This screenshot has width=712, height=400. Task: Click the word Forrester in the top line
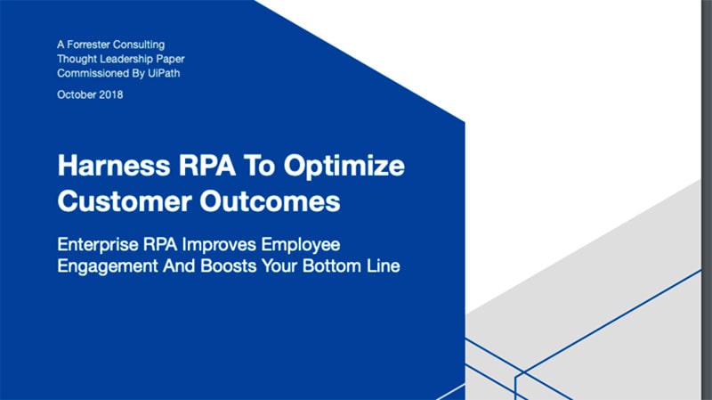pos(88,45)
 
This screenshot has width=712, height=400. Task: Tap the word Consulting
pos(139,45)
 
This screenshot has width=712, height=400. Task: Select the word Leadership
pos(126,59)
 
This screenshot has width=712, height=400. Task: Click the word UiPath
pos(164,73)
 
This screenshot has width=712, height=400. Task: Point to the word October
pos(75,94)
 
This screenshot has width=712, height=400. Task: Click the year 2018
pos(109,94)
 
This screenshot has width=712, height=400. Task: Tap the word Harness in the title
pos(114,165)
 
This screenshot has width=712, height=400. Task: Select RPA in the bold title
pos(207,165)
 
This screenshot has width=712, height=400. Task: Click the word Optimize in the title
pos(344,166)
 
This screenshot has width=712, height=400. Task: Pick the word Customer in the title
pos(125,201)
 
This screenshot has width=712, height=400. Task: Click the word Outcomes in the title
pos(270,201)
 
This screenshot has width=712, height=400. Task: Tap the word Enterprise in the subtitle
pos(98,245)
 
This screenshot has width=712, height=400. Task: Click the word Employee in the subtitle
pos(301,246)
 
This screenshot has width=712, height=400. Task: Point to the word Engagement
pos(108,266)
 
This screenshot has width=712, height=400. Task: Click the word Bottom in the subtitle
pos(332,265)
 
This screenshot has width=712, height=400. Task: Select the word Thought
pos(77,59)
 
